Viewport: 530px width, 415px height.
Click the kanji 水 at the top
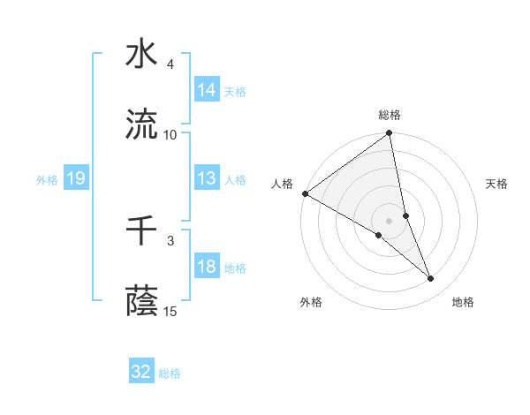141,54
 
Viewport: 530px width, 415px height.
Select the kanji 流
141,124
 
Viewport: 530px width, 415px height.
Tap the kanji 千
141,231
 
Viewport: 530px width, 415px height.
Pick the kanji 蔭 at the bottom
141,302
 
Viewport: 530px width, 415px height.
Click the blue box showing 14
207,90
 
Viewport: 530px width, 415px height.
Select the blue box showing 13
207,178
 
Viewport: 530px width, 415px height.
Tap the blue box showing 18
207,267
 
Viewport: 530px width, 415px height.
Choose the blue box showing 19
75,178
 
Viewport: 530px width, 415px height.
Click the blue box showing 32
141,372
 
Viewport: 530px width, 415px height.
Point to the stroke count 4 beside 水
170,64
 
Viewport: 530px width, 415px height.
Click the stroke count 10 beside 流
170,135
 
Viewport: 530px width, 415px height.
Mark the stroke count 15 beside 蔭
170,312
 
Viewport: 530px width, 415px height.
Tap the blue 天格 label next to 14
235,91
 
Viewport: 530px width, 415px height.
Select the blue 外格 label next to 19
47,179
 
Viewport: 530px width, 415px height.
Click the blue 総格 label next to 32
170,373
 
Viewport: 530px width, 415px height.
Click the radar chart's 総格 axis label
390,115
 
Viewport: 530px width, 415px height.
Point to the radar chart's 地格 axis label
463,302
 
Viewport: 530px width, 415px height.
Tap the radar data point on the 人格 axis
305,192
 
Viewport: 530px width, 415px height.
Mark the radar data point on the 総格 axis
390,134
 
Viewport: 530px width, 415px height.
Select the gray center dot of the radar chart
390,220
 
